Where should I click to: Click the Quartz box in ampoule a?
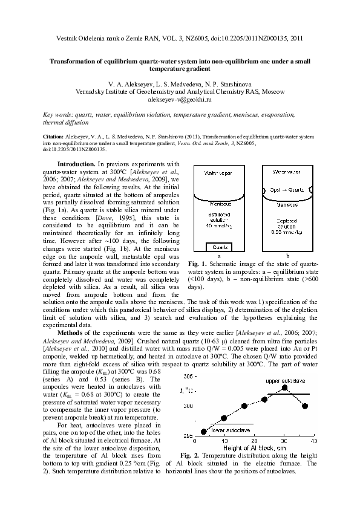(216, 247)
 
